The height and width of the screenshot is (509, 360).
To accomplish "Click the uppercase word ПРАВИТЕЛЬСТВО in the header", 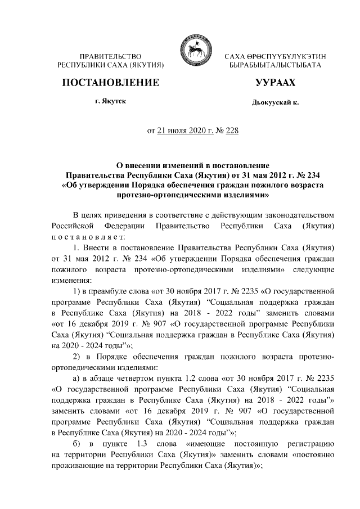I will click(x=110, y=57).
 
